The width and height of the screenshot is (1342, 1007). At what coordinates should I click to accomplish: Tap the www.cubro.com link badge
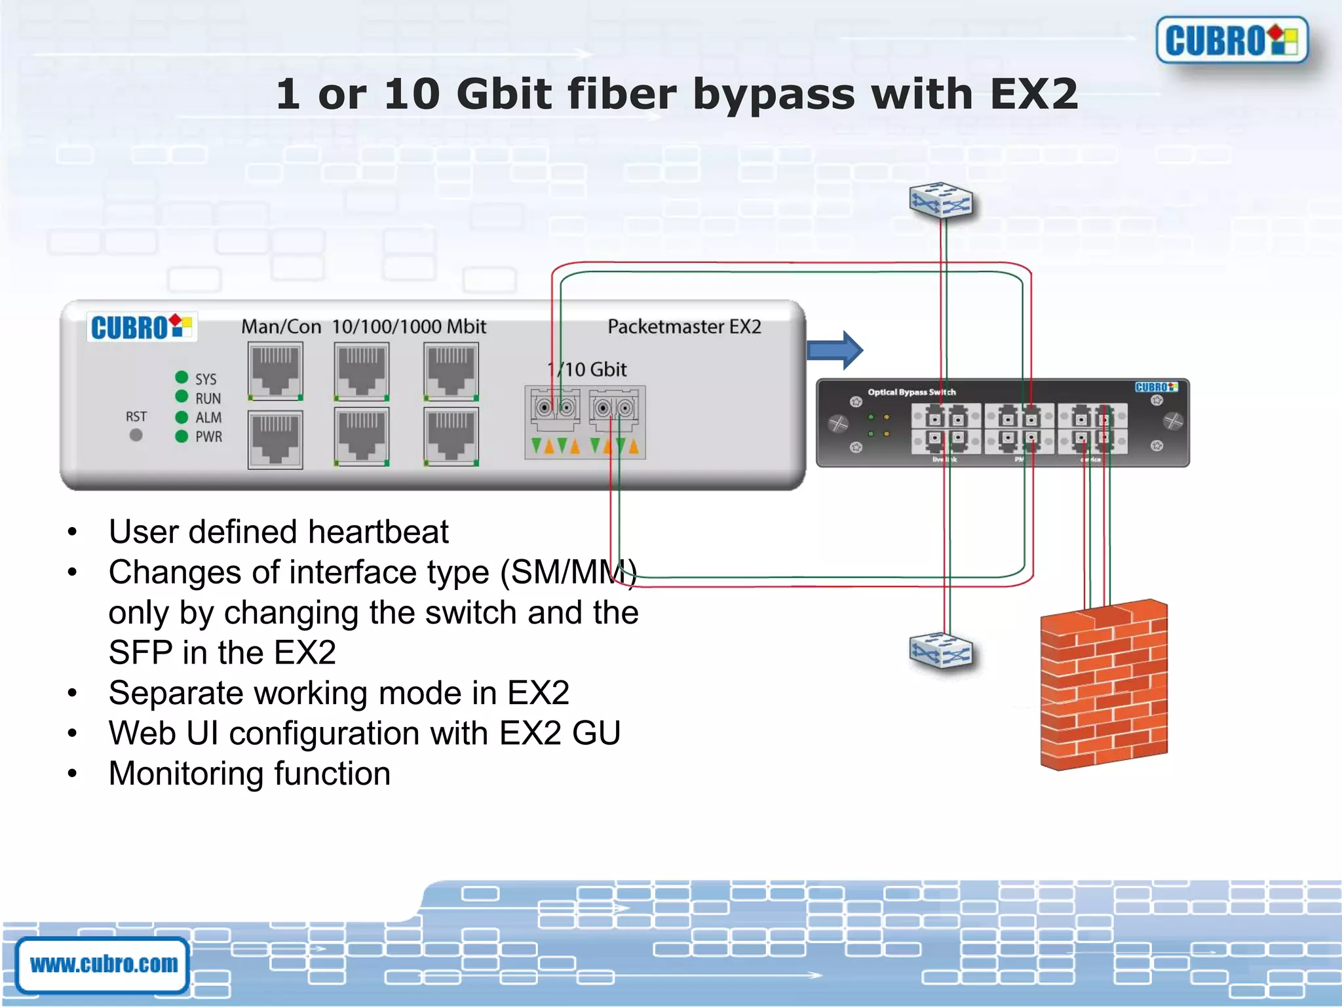104,964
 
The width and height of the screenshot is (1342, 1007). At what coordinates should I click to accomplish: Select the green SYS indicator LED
182,377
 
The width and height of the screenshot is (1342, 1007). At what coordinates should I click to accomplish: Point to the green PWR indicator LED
182,437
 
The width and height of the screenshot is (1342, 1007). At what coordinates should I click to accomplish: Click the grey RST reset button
136,435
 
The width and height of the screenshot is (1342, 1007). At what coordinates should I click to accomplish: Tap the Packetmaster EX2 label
684,326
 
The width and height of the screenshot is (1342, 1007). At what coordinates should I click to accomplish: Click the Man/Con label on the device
281,326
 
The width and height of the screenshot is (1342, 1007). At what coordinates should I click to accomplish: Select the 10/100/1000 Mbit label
409,326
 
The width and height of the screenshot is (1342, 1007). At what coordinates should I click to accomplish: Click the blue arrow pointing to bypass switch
835,350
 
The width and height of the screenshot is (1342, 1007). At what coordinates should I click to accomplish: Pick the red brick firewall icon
1104,685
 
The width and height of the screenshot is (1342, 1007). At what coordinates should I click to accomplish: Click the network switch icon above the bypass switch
941,200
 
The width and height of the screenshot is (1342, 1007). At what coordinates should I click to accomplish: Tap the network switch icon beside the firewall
941,651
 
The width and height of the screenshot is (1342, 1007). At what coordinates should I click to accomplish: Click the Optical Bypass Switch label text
911,392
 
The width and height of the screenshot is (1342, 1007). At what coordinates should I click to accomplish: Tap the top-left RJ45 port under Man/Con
275,371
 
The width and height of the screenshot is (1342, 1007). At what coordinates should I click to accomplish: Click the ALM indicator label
208,418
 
